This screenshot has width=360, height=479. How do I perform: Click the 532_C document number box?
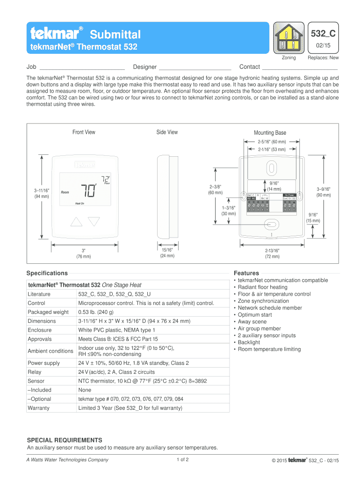[x=323, y=34]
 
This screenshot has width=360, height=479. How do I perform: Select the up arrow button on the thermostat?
[x=76, y=221]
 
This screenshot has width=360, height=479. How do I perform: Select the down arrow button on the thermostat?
[x=94, y=221]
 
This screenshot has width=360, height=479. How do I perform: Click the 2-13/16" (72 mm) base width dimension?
[x=272, y=254]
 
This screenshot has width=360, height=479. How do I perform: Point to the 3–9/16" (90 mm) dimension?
[x=323, y=192]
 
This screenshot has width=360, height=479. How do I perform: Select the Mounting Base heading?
[x=270, y=133]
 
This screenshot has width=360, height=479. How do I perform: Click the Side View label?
[x=167, y=132]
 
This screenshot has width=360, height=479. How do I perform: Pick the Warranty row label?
[x=39, y=408]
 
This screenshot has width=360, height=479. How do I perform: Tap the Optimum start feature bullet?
[x=255, y=315]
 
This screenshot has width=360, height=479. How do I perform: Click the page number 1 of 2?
[x=183, y=459]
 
